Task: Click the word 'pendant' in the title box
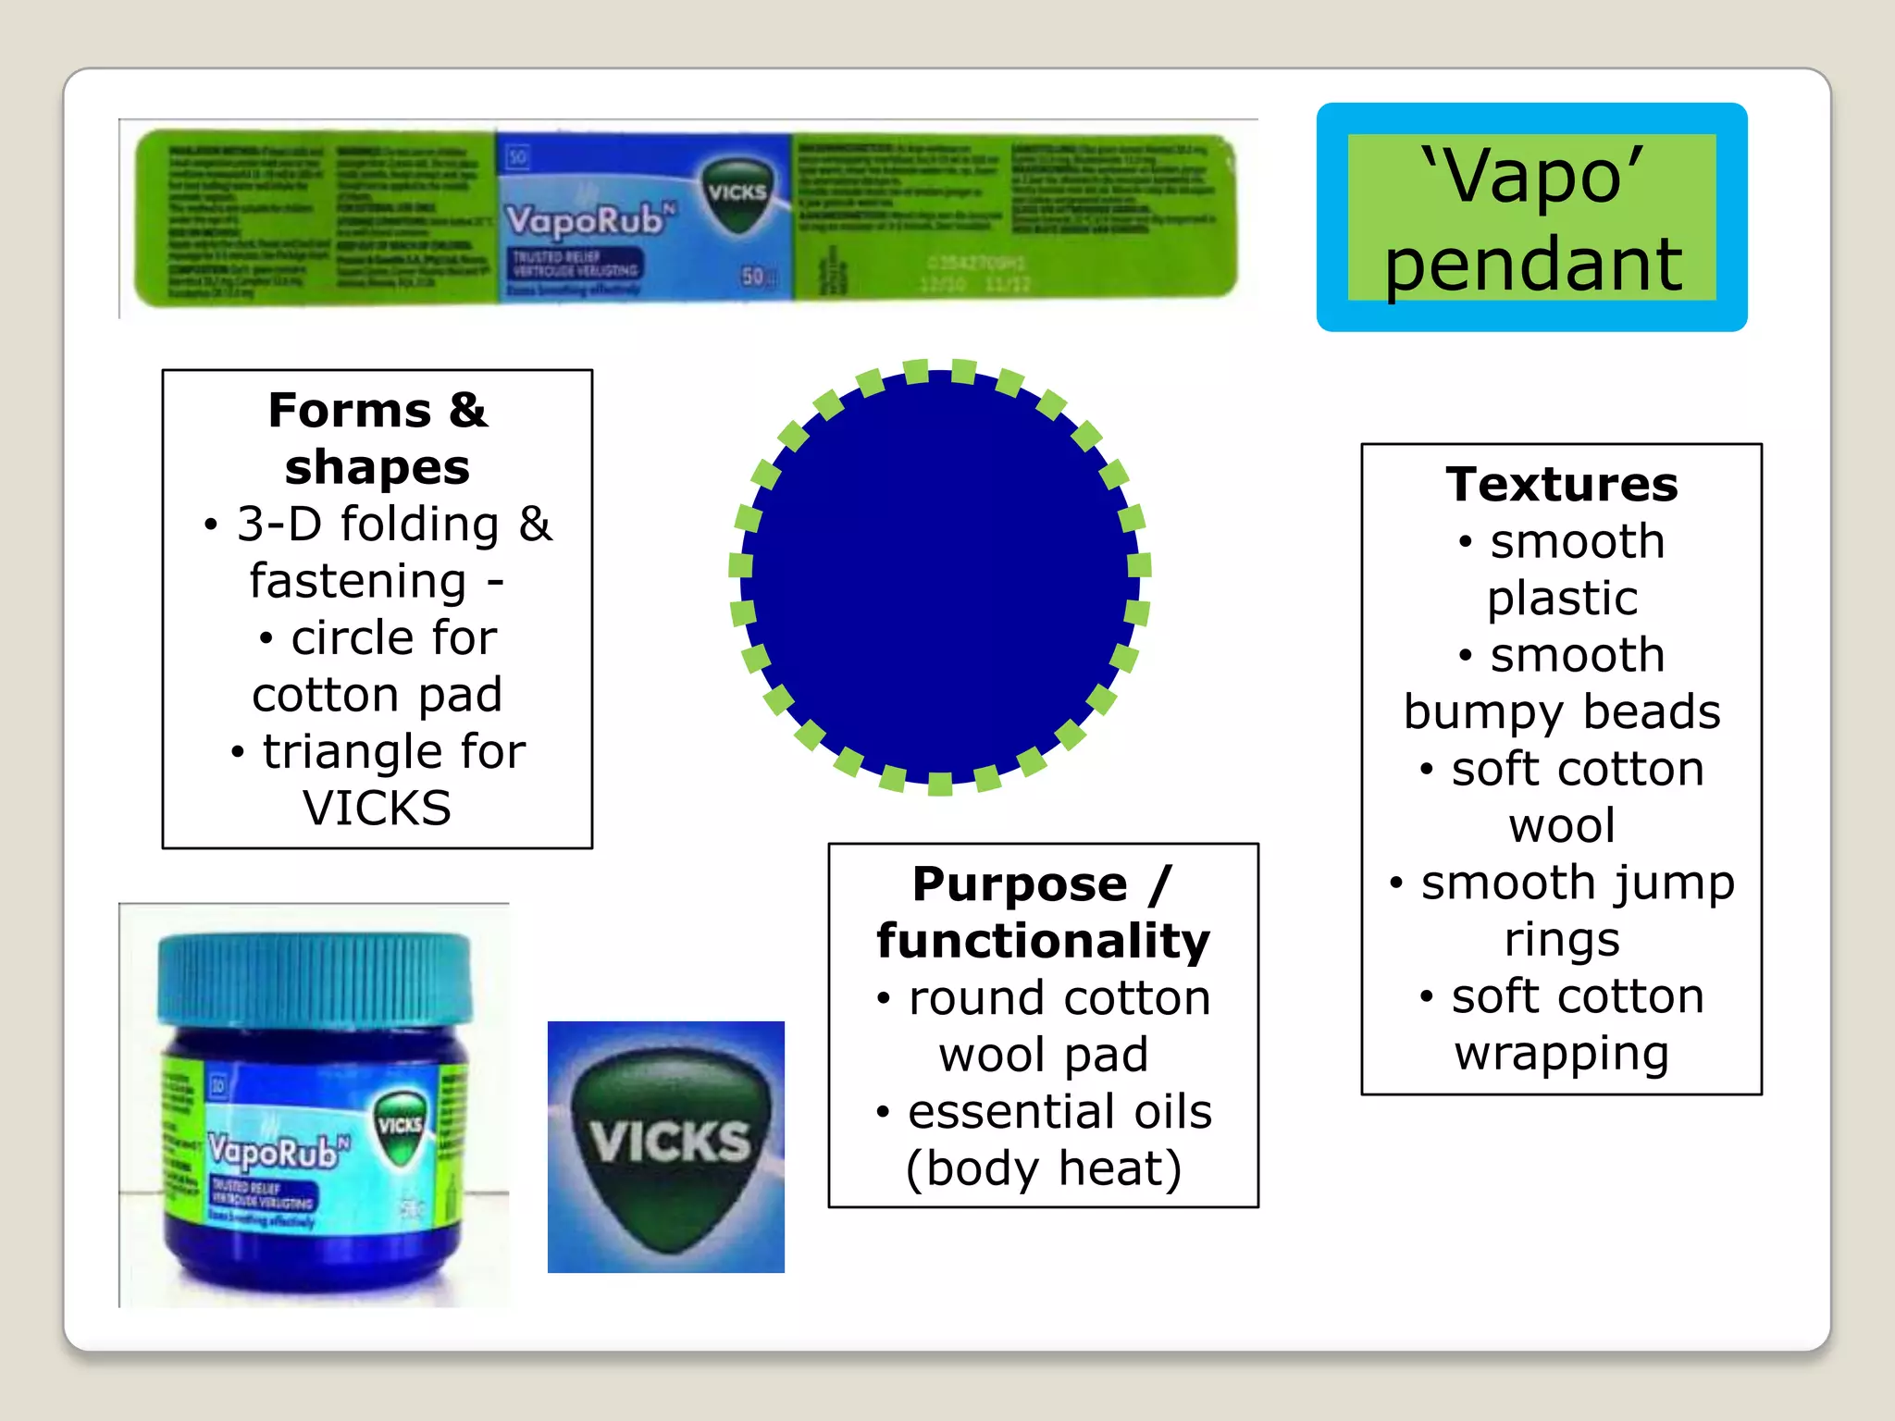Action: pyautogui.click(x=1532, y=266)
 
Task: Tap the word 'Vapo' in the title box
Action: pyautogui.click(x=1532, y=176)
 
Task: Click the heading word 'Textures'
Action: pyautogui.click(x=1562, y=484)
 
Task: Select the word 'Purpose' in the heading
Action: pyautogui.click(x=1020, y=884)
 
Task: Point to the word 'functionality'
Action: pyautogui.click(x=1043, y=941)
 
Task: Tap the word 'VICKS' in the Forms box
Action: pyautogui.click(x=377, y=808)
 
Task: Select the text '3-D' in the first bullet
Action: pyautogui.click(x=279, y=525)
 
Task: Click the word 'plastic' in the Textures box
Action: pyautogui.click(x=1562, y=598)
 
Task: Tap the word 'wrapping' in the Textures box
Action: pyautogui.click(x=1562, y=1053)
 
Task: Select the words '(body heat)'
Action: pyautogui.click(x=1043, y=1168)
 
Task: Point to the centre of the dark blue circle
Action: pyautogui.click(x=939, y=575)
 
